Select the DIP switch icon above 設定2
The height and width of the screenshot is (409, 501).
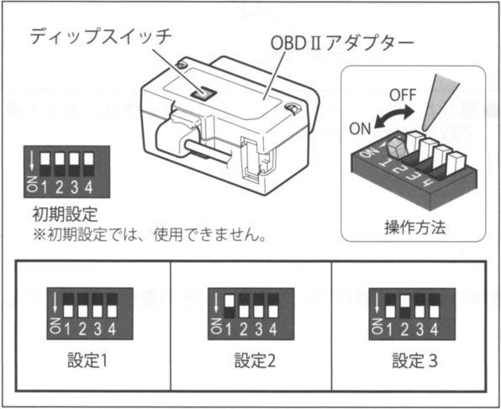pos(250,312)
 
